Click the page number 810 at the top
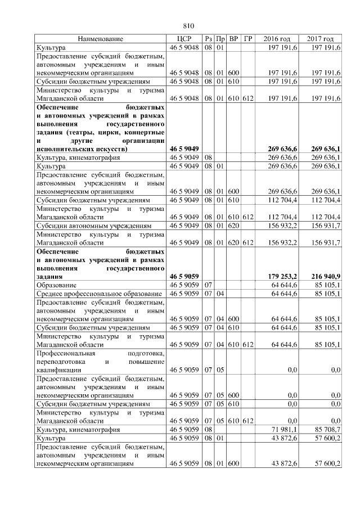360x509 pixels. pyautogui.click(x=188, y=26)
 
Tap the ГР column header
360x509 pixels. pyautogui.click(x=249, y=39)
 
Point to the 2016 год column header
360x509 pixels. pyautogui.click(x=277, y=39)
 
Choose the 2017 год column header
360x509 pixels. pyautogui.click(x=321, y=39)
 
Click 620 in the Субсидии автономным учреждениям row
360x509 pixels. pyautogui.click(x=234, y=227)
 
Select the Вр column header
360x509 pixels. pyautogui.click(x=234, y=39)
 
